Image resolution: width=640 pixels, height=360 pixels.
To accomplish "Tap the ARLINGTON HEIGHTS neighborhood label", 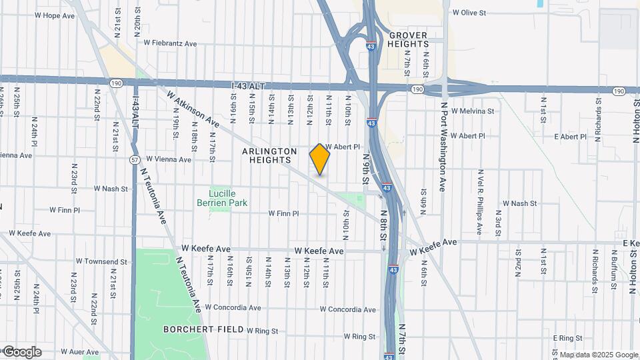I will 269,156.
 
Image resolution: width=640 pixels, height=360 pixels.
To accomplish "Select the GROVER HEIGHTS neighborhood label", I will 409,39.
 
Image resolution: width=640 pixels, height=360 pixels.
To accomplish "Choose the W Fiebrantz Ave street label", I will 171,43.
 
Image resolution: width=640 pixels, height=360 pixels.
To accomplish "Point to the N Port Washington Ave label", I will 442,146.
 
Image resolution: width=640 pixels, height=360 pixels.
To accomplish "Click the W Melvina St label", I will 473,111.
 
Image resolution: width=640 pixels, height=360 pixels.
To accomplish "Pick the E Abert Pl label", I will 565,137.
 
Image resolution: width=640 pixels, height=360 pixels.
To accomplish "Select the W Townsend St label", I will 101,262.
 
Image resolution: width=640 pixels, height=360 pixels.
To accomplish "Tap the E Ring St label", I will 568,339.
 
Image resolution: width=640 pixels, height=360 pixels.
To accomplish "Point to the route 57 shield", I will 134,159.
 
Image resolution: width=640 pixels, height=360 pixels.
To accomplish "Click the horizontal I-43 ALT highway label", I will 252,86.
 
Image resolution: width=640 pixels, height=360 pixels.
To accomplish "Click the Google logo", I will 21,352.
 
